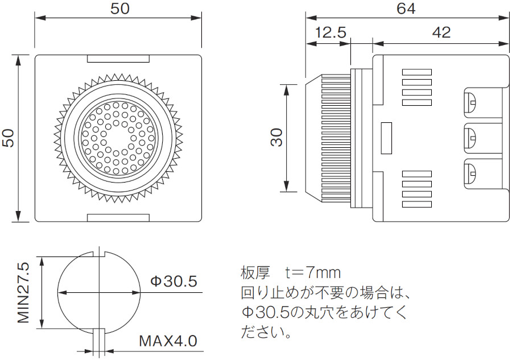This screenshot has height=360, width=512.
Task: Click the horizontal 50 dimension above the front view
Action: coord(119,9)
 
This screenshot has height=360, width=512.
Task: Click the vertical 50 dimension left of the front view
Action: coord(9,138)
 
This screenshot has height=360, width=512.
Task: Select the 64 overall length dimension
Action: coord(406,9)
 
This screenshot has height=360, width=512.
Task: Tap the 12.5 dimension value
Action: coord(331,32)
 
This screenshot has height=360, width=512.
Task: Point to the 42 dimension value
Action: coord(441,32)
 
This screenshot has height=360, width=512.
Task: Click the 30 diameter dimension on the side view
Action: coord(277,138)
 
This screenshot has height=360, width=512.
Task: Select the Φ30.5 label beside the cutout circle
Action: coord(174,281)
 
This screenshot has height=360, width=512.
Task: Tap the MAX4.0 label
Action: coord(168,342)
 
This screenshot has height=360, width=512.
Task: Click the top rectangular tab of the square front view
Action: coord(118,58)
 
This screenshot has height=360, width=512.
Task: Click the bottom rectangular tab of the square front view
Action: coord(118,218)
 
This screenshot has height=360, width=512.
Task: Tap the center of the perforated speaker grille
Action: coord(118,138)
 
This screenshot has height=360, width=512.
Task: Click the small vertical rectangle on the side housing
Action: coord(386,138)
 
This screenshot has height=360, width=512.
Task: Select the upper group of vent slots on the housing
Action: coord(417,88)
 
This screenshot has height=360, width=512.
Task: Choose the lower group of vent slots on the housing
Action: coord(417,189)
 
